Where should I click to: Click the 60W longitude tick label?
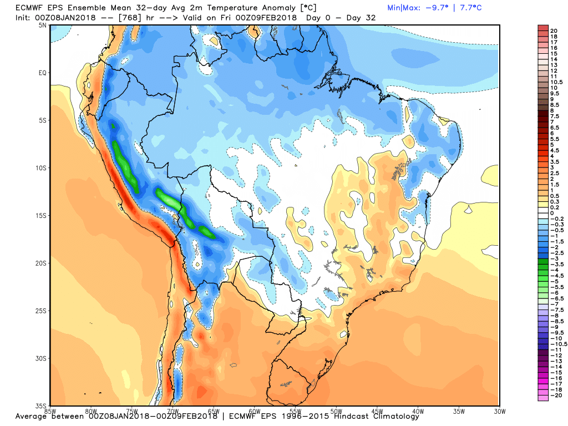(x=255, y=411)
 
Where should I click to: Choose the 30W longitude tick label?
(x=499, y=411)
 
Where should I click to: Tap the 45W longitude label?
(x=377, y=411)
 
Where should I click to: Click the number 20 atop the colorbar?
(x=553, y=31)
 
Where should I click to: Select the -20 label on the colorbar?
(x=555, y=395)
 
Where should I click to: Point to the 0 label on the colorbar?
(x=551, y=213)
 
